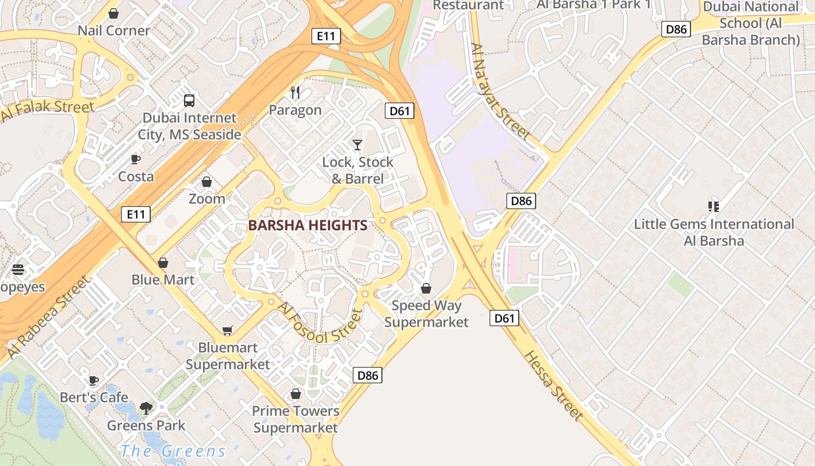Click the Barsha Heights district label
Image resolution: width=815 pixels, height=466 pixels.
tap(307, 225)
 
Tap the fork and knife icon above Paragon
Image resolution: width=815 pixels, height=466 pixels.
tap(295, 92)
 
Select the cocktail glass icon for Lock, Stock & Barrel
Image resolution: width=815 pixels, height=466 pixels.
tap(357, 144)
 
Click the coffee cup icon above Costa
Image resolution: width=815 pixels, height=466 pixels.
tap(136, 159)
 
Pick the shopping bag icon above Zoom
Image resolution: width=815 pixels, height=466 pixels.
tap(207, 182)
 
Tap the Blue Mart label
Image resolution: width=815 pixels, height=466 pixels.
tap(163, 280)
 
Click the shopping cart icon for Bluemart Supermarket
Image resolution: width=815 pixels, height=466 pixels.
tap(228, 330)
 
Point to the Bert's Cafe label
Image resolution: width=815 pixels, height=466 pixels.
tap(94, 397)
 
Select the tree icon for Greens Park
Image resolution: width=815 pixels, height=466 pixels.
tap(146, 408)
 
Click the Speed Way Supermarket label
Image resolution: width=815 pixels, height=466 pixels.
tap(427, 313)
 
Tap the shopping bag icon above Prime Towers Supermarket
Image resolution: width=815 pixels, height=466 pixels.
tap(296, 394)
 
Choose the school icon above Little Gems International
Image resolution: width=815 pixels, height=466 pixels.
tap(714, 206)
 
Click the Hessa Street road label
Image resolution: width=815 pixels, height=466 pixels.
tap(553, 385)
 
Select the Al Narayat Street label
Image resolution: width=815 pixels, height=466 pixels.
tap(501, 91)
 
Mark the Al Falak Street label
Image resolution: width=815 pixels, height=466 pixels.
tap(48, 110)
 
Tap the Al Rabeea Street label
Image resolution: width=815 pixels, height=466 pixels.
tap(49, 317)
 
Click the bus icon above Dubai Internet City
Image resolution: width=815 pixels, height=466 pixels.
tap(189, 100)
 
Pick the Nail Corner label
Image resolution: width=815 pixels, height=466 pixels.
tap(114, 30)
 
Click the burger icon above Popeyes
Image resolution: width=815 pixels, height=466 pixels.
tap(18, 270)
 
